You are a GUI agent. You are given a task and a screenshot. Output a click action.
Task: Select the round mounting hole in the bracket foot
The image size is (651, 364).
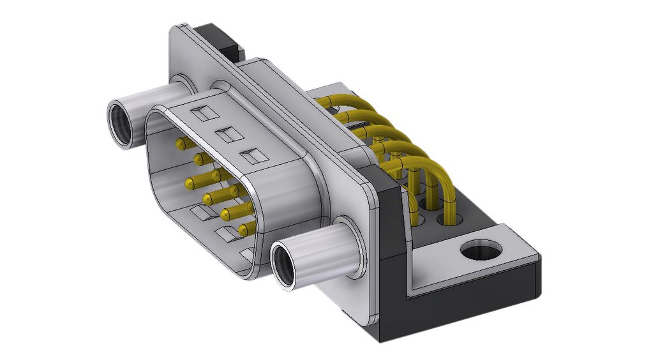[479, 250]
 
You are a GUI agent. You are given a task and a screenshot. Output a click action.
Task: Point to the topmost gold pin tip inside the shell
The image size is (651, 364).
[181, 143]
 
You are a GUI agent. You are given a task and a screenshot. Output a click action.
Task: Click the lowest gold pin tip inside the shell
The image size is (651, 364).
[243, 229]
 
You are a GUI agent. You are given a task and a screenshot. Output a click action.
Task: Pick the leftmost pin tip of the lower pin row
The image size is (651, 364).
[190, 185]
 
